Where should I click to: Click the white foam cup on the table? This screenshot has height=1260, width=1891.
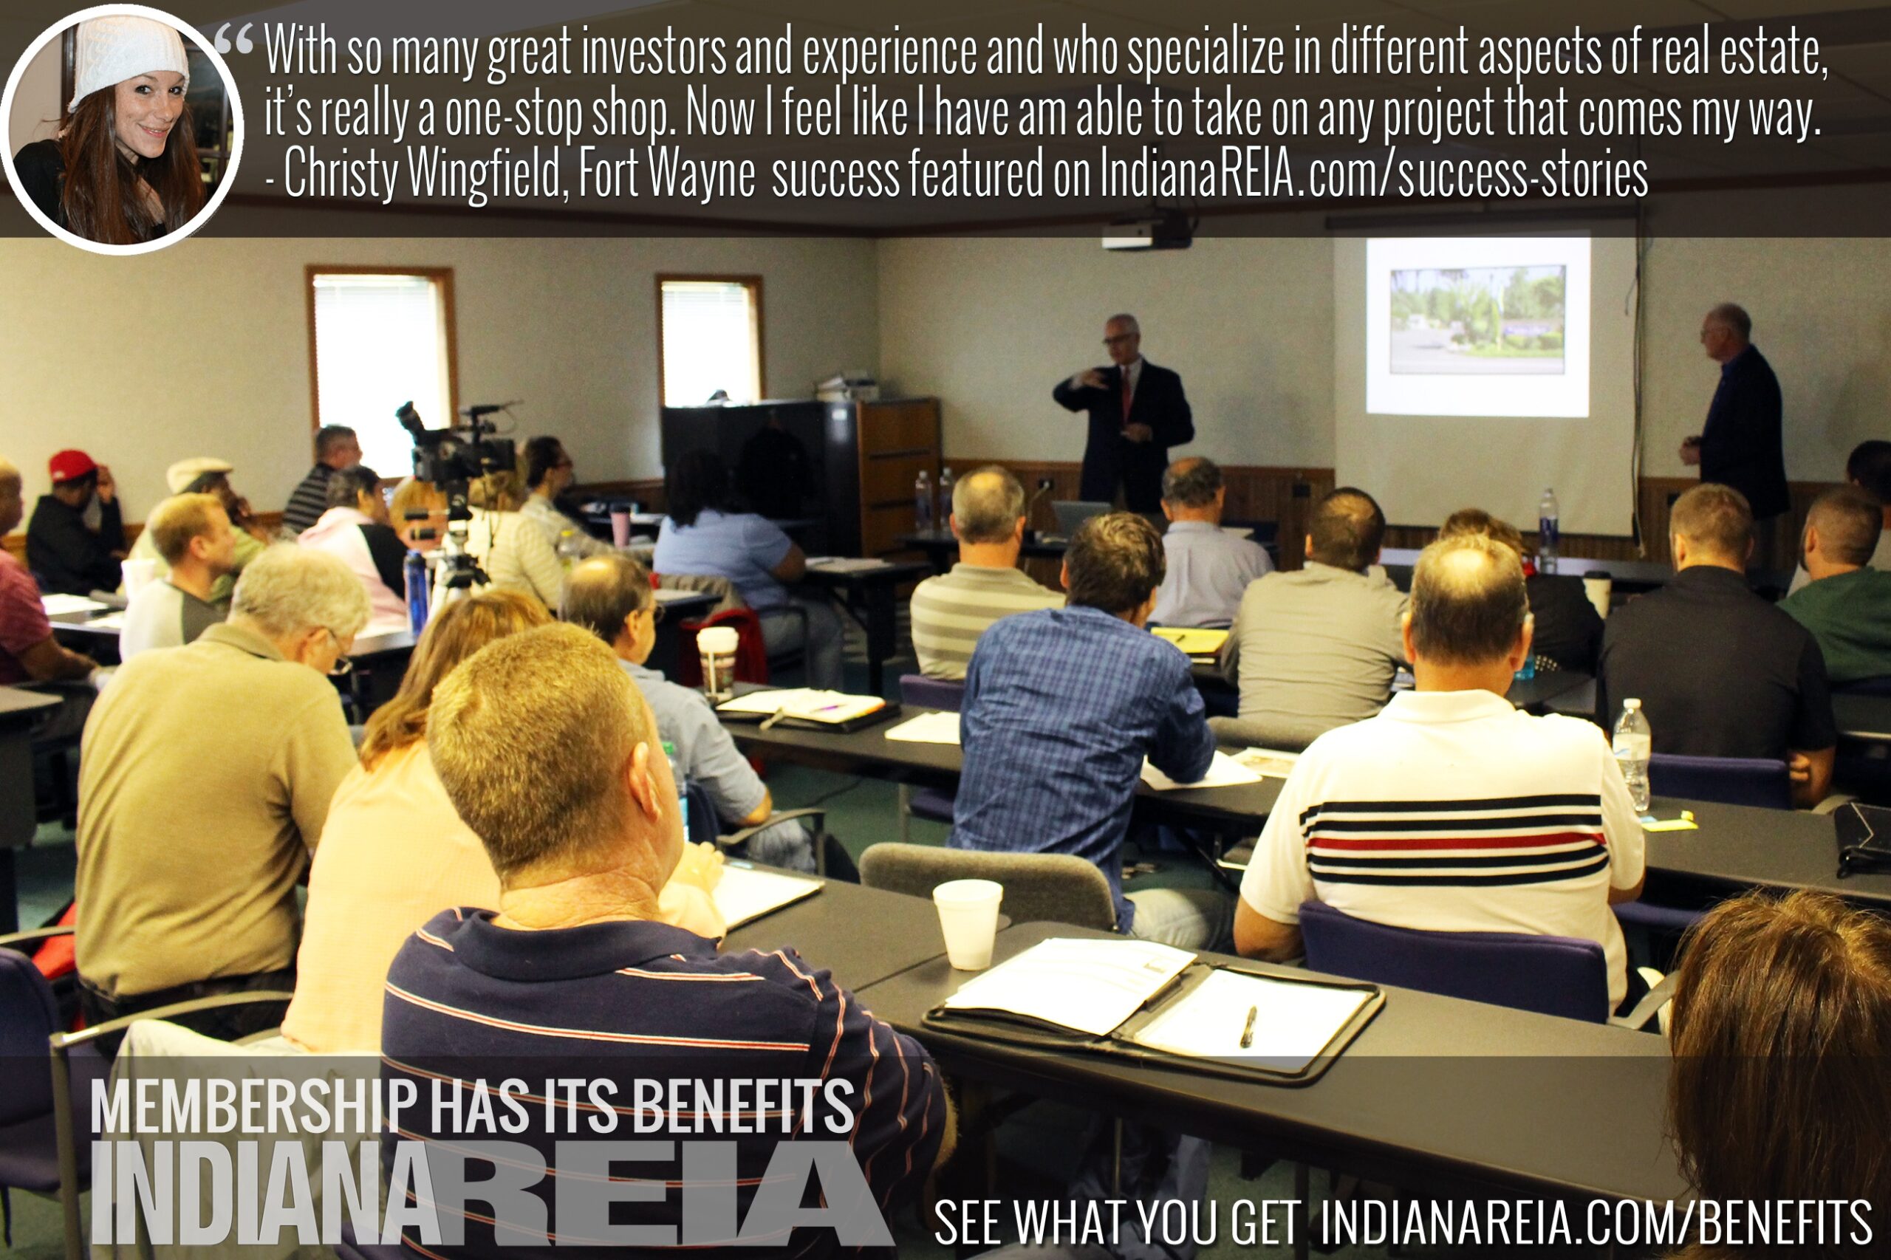(x=968, y=923)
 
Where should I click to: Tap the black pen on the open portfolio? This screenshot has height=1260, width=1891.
(x=1248, y=1027)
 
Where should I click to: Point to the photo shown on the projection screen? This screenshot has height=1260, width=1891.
(x=1477, y=320)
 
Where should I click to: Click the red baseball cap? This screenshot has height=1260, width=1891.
(x=72, y=464)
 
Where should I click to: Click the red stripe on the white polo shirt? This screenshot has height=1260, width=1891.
(x=1456, y=843)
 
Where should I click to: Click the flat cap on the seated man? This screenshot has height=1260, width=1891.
(x=198, y=473)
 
